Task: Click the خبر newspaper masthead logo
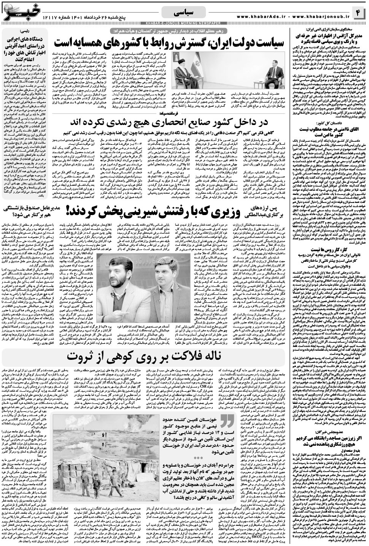19,11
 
